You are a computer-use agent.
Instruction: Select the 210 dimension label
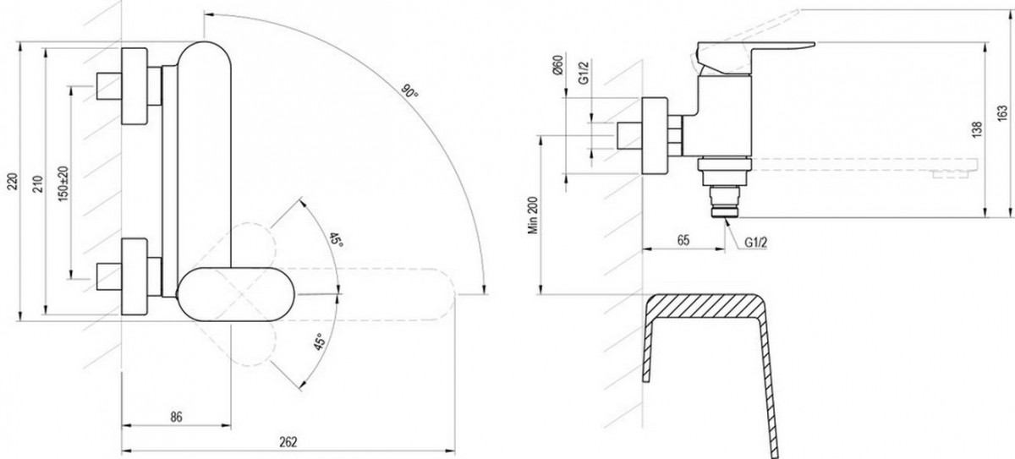point(40,184)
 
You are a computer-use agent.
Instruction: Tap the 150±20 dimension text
point(64,183)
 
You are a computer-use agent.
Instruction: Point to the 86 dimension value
point(176,417)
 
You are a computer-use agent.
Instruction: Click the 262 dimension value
point(288,442)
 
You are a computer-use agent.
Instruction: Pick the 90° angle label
point(409,91)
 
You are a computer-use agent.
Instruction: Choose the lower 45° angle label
point(319,342)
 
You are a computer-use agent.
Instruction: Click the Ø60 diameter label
point(557,65)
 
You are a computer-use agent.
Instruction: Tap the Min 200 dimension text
point(534,215)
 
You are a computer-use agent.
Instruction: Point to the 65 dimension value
point(683,240)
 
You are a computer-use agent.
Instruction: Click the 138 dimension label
point(977,129)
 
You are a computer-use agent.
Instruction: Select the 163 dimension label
point(1002,113)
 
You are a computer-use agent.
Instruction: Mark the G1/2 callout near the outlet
point(756,243)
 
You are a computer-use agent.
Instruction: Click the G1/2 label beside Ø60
point(584,73)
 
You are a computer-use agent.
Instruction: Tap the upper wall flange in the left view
point(134,86)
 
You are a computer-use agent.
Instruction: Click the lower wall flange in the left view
point(134,276)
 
